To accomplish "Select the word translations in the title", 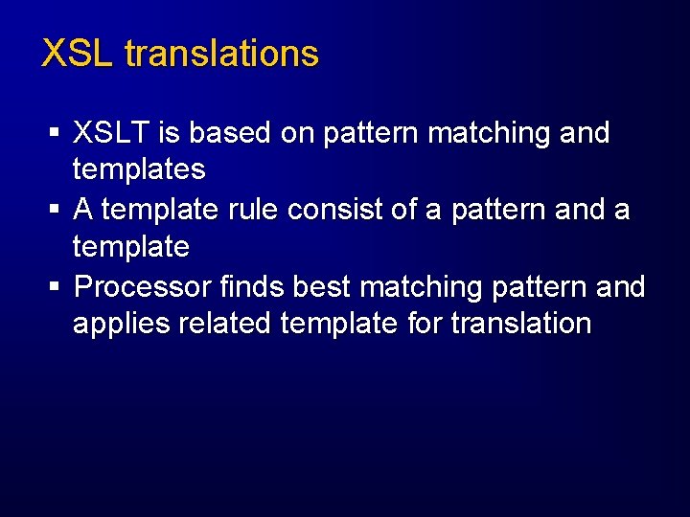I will tap(221, 54).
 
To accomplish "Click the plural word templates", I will tap(139, 170).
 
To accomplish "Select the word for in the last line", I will tap(425, 324).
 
